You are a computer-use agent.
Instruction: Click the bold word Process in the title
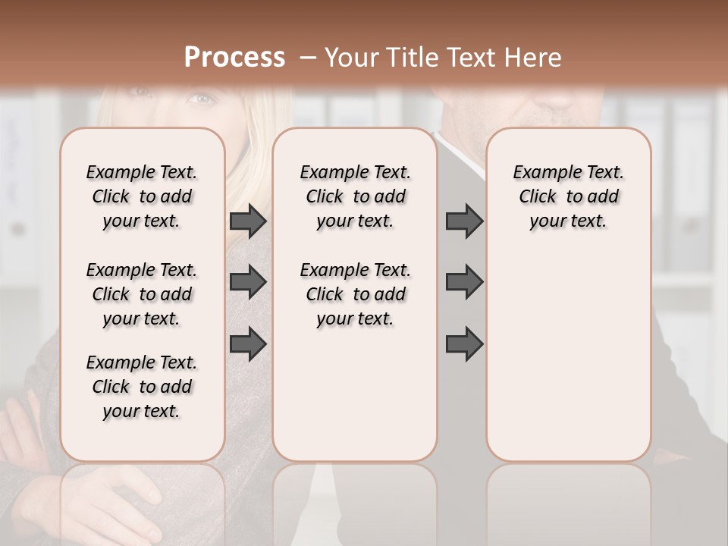234,58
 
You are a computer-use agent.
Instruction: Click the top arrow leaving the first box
248,221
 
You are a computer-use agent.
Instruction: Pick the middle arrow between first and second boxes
248,282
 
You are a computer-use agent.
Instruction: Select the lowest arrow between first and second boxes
248,344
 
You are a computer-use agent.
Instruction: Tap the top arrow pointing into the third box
464,221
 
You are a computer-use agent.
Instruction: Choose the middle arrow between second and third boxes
464,282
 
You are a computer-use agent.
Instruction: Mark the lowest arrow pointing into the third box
464,344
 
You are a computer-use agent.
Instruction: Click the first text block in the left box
142,196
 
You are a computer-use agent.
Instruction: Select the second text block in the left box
142,294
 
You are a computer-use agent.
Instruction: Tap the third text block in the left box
142,387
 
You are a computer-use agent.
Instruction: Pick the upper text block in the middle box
355,196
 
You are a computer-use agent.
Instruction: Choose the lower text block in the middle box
355,294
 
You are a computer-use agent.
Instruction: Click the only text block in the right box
568,196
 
